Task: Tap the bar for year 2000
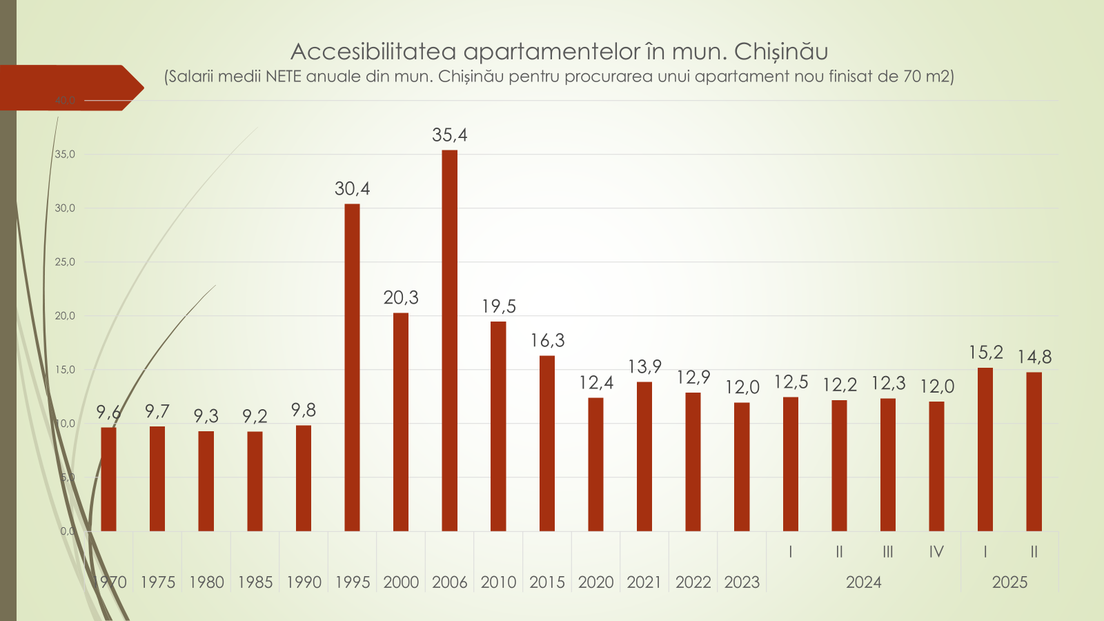pyautogui.click(x=401, y=422)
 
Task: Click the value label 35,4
pyautogui.click(x=449, y=135)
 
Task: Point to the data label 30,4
pyautogui.click(x=352, y=189)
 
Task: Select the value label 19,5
pyautogui.click(x=499, y=306)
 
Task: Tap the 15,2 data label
pyautogui.click(x=985, y=353)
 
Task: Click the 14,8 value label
pyautogui.click(x=1034, y=357)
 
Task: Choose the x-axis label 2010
pyautogui.click(x=498, y=582)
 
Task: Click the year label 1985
pyautogui.click(x=255, y=582)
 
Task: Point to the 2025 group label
pyautogui.click(x=1009, y=582)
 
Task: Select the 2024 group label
pyautogui.click(x=863, y=582)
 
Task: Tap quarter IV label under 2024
pyautogui.click(x=936, y=552)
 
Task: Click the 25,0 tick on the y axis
pyautogui.click(x=65, y=262)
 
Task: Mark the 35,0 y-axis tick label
pyautogui.click(x=65, y=155)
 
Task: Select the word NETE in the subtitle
pyautogui.click(x=283, y=77)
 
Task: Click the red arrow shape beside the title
pyautogui.click(x=69, y=88)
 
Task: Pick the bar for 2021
pyautogui.click(x=644, y=456)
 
